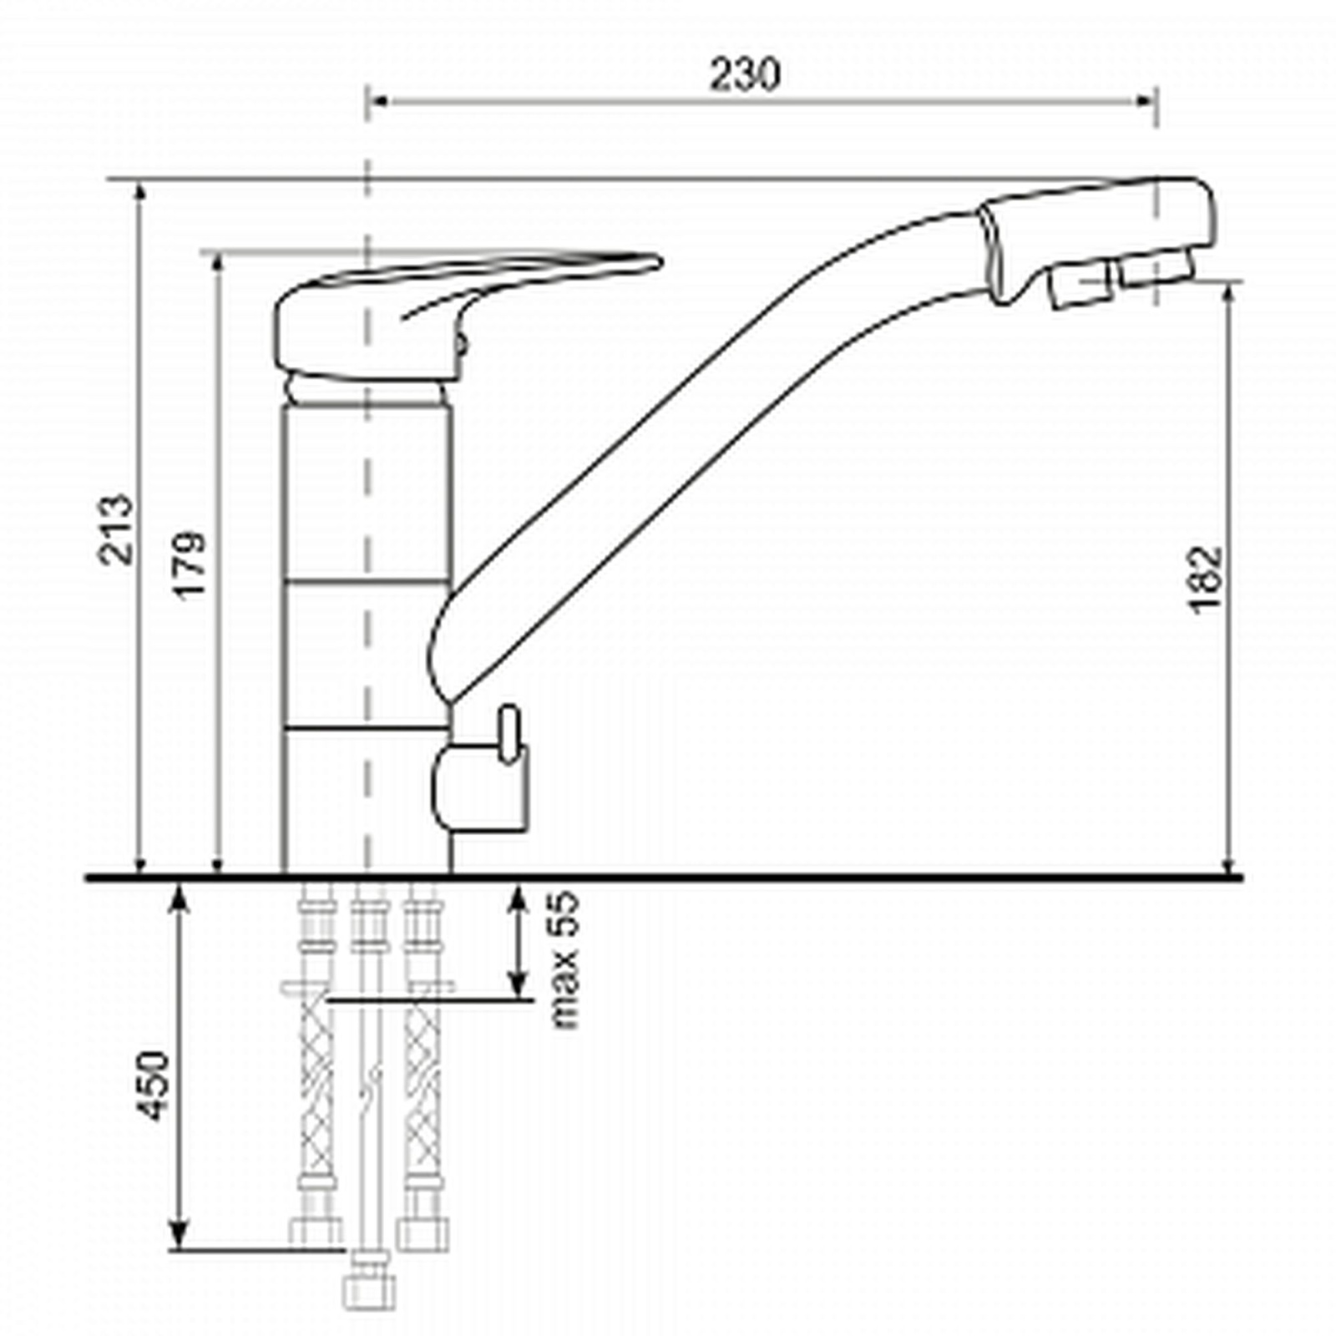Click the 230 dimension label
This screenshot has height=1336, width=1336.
coord(745,74)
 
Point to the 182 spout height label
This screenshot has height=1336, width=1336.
coord(1206,580)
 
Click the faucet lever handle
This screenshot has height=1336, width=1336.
coord(468,313)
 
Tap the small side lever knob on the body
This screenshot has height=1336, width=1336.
coord(509,734)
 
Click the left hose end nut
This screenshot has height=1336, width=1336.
coord(316,1232)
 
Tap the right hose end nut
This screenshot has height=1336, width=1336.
coord(423,1232)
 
